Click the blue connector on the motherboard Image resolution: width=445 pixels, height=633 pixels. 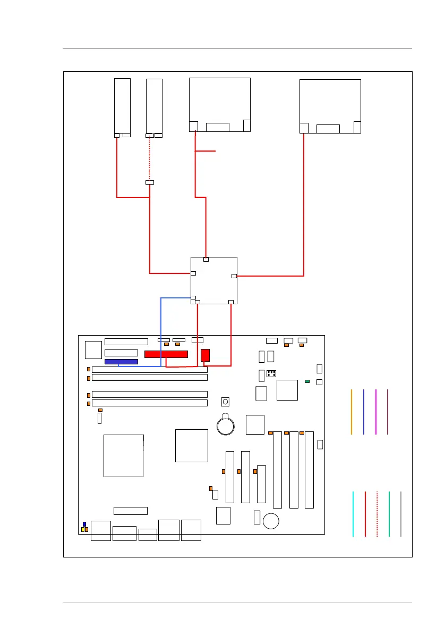click(121, 362)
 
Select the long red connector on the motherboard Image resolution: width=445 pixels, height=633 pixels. click(166, 354)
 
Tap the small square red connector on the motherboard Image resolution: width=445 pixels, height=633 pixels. click(206, 355)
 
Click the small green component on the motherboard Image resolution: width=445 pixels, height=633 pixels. click(307, 381)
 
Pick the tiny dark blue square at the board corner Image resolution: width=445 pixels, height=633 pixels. click(84, 524)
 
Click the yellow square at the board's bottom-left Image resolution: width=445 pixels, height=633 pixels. click(83, 530)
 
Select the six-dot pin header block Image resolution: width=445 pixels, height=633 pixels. click(271, 372)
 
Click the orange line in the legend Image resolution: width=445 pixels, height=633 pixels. click(352, 412)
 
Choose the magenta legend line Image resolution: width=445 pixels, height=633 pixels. click(375, 412)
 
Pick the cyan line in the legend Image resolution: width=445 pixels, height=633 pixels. click(353, 514)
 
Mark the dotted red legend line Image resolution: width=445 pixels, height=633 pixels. click(377, 514)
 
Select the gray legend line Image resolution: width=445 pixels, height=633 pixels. click(401, 514)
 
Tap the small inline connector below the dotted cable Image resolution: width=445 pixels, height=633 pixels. click(150, 183)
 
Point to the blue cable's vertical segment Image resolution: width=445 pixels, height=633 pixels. click(161, 330)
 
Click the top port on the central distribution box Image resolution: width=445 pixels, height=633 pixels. click(206, 260)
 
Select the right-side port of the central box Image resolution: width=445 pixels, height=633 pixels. click(234, 276)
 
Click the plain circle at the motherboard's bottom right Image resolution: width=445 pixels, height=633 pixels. click(271, 521)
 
